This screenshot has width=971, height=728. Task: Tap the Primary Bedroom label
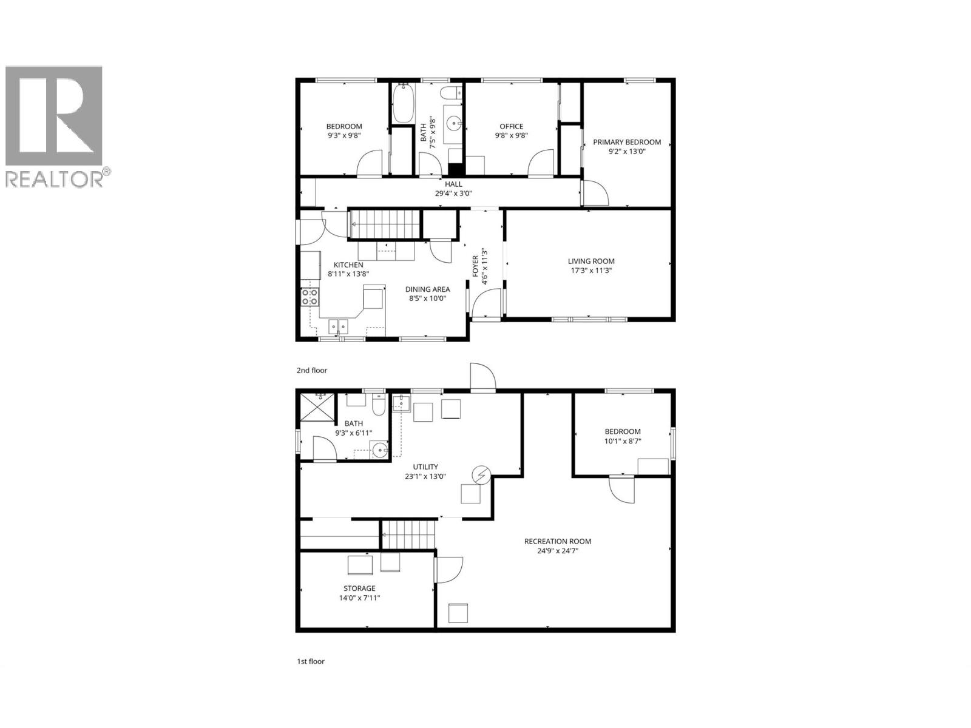(x=627, y=143)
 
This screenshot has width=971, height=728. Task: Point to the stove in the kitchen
(x=310, y=297)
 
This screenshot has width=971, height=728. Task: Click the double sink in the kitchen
(x=338, y=327)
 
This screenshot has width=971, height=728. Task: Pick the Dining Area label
(x=427, y=289)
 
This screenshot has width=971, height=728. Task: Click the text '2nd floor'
(x=311, y=370)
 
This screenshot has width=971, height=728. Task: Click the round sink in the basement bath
(x=380, y=450)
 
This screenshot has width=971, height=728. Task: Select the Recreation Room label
(x=557, y=541)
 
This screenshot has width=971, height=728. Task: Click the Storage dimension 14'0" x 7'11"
(x=359, y=598)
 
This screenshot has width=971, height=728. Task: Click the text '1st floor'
(x=310, y=661)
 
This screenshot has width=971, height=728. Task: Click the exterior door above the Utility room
(x=482, y=377)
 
